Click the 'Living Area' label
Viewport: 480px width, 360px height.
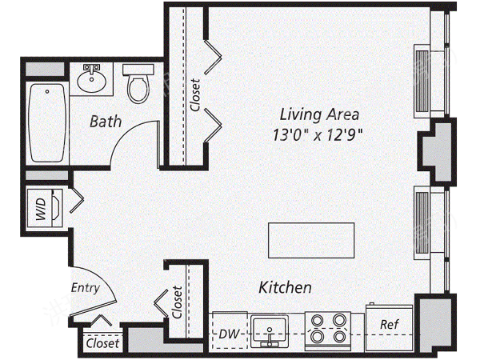[x=319, y=114]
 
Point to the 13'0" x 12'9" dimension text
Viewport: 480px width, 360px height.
[x=318, y=134]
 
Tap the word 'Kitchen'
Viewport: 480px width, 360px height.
[x=285, y=287]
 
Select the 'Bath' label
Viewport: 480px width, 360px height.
[x=106, y=122]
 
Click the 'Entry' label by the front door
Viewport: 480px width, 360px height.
[x=86, y=288]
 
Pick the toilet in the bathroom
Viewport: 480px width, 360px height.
[x=138, y=83]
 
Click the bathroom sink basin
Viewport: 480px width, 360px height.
[x=91, y=81]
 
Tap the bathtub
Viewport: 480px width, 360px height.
[x=47, y=122]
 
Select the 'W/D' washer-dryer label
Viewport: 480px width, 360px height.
[x=41, y=209]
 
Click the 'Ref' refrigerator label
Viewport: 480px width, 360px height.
[x=390, y=324]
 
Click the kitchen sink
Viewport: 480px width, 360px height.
[x=270, y=331]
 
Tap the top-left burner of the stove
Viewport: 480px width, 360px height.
[x=317, y=321]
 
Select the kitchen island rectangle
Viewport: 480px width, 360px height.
[x=311, y=240]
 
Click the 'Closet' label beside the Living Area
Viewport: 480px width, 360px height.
[x=195, y=95]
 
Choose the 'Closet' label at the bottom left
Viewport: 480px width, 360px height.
[x=102, y=343]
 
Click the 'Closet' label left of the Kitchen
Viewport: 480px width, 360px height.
[x=177, y=302]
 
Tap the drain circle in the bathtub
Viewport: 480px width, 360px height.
[x=47, y=91]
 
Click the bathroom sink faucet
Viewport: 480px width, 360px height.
[x=92, y=69]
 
